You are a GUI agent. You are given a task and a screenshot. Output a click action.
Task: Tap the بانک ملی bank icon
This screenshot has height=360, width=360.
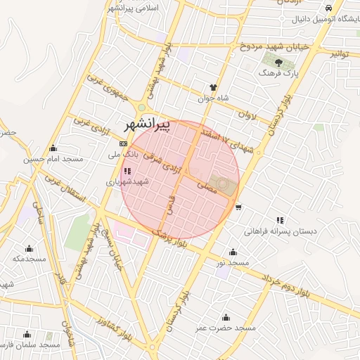124,143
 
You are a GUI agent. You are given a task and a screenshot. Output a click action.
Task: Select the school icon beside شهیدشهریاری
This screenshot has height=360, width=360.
127,170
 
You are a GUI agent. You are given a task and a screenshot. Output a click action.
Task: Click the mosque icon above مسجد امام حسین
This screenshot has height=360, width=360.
53,148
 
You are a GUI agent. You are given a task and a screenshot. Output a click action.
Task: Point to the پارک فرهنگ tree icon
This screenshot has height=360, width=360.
279,63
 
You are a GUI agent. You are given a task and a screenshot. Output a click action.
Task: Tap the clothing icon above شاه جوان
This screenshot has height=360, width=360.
213,88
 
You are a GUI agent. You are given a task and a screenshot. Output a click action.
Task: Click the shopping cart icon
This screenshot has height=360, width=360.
239,207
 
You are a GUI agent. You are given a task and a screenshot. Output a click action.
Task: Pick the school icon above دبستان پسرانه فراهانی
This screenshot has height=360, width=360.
280,220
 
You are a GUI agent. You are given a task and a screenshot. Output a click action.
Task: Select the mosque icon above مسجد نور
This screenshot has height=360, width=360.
233,252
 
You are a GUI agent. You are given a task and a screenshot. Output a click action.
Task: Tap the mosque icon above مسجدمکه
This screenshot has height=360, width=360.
29,248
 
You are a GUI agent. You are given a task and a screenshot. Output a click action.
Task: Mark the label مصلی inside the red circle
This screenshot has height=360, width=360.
209,187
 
